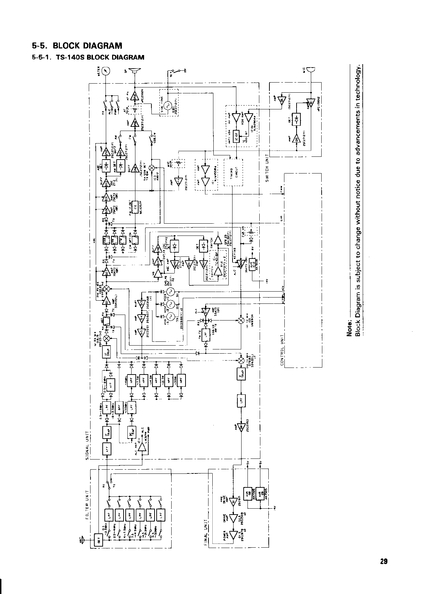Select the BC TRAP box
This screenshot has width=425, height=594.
coord(132,432)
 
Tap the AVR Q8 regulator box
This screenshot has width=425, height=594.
coord(249,493)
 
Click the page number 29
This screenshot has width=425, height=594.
coord(384,561)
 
